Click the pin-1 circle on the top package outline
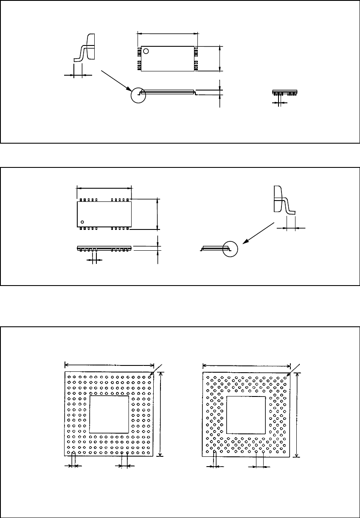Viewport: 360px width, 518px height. tap(146, 51)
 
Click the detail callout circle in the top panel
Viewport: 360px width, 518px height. tap(138, 95)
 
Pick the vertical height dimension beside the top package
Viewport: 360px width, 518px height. tap(219, 59)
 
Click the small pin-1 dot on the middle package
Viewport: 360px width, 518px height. tap(83, 221)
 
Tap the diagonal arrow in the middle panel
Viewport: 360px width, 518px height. tap(257, 235)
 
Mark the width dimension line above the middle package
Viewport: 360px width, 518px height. tap(104, 187)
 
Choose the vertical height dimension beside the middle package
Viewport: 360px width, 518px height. tap(157, 213)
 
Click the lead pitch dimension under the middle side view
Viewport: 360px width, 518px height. tap(94, 260)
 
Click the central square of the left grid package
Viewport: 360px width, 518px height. tap(110, 415)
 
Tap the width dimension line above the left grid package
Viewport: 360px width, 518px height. tap(109, 364)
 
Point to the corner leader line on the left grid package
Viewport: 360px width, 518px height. tap(157, 369)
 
